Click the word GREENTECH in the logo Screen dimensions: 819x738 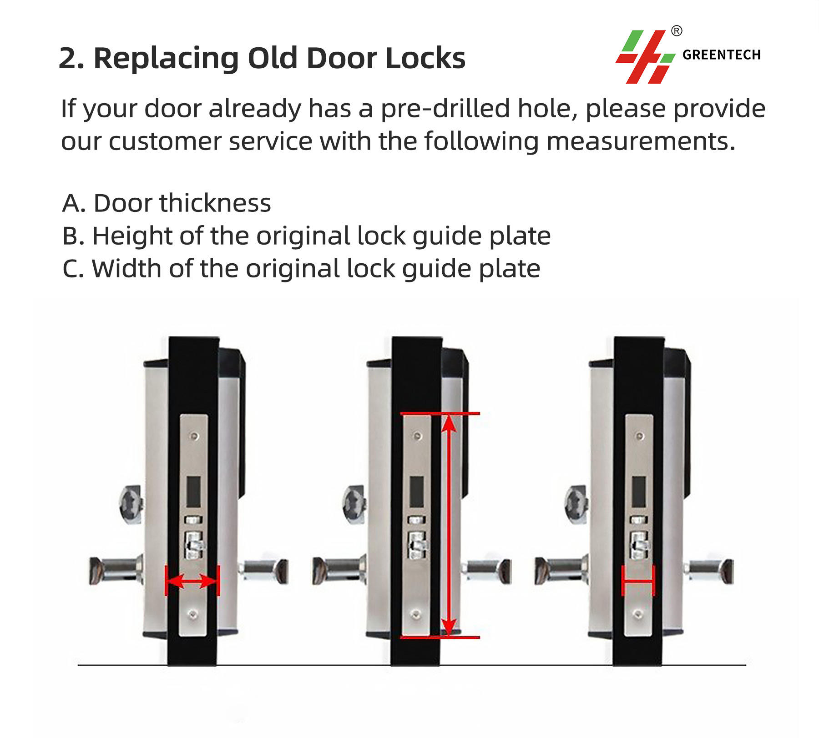[722, 55]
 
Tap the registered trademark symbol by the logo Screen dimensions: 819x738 [677, 31]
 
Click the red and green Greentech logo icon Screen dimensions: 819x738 [645, 57]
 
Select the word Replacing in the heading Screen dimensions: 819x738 [166, 59]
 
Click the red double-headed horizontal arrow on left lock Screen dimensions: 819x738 [192, 581]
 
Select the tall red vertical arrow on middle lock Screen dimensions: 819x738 [449, 525]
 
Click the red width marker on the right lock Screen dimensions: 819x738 [638, 581]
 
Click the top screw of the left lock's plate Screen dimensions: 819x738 [195, 436]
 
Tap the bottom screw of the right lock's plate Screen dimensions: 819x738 [638, 614]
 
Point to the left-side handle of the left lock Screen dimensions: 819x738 [116, 570]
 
